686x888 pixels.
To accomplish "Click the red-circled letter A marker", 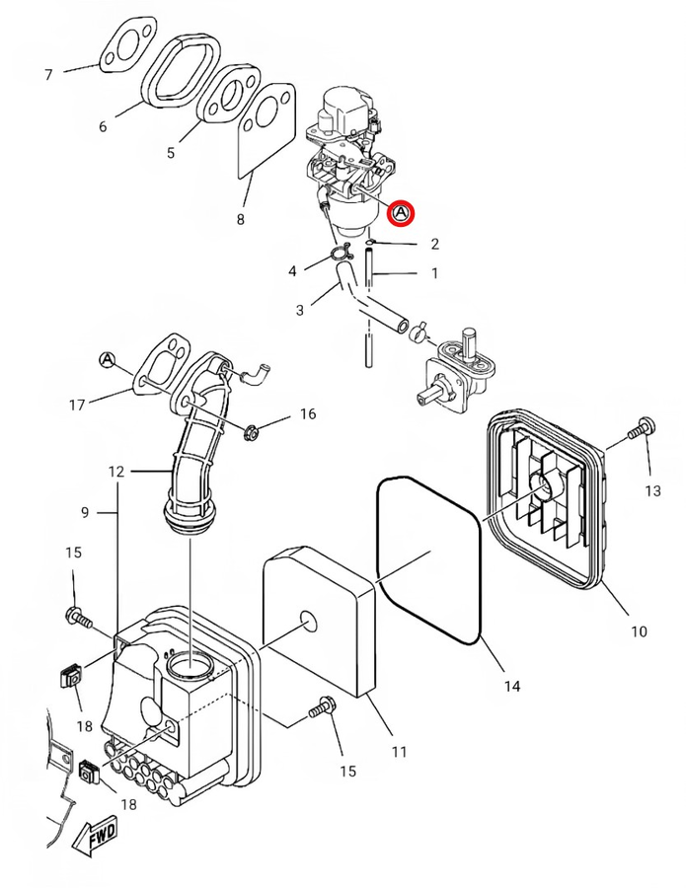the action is pos(401,213).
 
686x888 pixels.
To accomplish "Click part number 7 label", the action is pos(48,75).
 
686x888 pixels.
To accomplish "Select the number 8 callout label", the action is pos(240,220).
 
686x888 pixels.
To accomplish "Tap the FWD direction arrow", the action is pos(95,835).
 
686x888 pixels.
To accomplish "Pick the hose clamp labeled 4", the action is pos(340,253).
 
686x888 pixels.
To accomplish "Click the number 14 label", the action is pos(512,687).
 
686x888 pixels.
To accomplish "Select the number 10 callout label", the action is pos(639,631).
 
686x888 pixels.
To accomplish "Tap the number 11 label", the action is pos(400,752).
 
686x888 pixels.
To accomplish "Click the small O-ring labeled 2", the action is pos(370,243).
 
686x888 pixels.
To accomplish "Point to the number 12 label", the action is pos(116,472).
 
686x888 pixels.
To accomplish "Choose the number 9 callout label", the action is pos(85,512).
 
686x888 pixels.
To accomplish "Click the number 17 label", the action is pos(77,406).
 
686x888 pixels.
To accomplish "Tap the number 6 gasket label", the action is pos(103,126).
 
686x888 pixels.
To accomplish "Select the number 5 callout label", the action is pos(171,153).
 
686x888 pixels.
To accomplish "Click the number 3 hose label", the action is pos(300,311).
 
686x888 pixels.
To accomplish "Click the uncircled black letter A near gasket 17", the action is pos(107,359).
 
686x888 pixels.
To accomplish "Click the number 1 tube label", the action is pos(434,273).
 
